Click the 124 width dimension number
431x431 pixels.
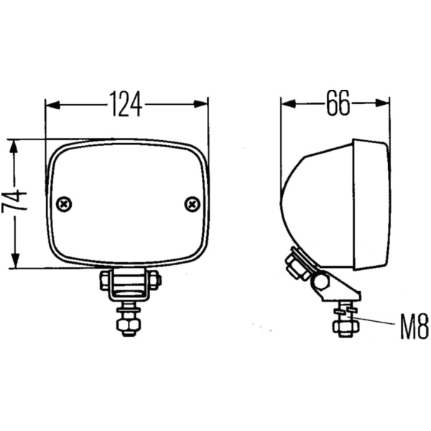pyautogui.click(x=126, y=104)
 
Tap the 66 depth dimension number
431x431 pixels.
pyautogui.click(x=338, y=103)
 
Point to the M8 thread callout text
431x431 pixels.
pyautogui.click(x=414, y=327)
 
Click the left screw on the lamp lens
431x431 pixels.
pyautogui.click(x=64, y=204)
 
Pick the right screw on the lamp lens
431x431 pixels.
pyautogui.click(x=192, y=204)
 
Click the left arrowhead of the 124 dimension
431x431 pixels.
pyautogui.click(x=52, y=105)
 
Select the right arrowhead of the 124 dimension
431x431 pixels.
pyautogui.click(x=200, y=104)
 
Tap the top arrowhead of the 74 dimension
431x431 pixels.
pyautogui.click(x=14, y=147)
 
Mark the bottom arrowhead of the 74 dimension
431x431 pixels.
pyautogui.click(x=15, y=261)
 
